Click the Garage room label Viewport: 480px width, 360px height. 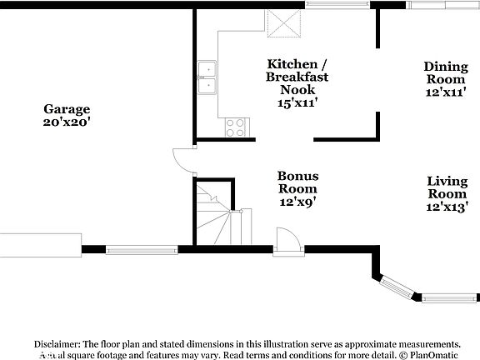pyautogui.click(x=67, y=109)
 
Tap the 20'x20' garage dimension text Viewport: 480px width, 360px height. pyautogui.click(x=67, y=122)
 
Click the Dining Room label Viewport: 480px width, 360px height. pyautogui.click(x=446, y=72)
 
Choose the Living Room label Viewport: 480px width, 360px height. pyautogui.click(x=447, y=187)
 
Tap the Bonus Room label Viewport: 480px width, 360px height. pyautogui.click(x=297, y=182)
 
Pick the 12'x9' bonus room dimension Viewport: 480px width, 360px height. pyautogui.click(x=297, y=201)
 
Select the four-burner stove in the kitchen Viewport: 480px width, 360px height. pyautogui.click(x=236, y=127)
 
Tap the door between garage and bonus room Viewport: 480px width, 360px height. pyautogui.click(x=182, y=160)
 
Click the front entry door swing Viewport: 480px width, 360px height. pyautogui.click(x=287, y=240)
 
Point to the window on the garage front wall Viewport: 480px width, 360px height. pyautogui.click(x=142, y=248)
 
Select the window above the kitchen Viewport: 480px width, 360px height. pyautogui.click(x=337, y=5)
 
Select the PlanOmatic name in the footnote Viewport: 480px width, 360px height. pyautogui.click(x=437, y=354)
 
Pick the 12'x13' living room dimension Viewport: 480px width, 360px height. pyautogui.click(x=447, y=207)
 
